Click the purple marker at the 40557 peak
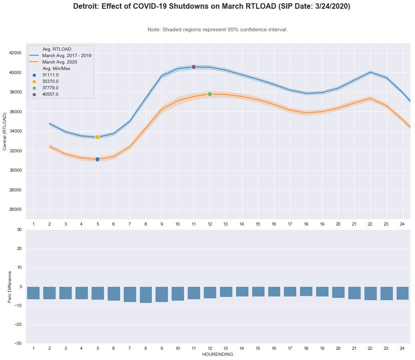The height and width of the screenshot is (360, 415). click(194, 67)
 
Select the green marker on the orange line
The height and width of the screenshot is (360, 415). click(210, 94)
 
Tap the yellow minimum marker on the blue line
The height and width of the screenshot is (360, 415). click(98, 137)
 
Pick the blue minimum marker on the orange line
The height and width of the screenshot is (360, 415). click(98, 159)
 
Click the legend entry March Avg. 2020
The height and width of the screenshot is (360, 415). click(59, 62)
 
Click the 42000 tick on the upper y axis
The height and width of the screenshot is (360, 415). click(15, 53)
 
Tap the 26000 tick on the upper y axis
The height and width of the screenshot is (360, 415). click(15, 209)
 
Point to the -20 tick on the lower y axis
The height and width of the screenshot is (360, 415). click(17, 325)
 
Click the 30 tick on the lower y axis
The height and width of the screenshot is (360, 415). click(19, 229)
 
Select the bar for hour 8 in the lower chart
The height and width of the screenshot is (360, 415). click(146, 295)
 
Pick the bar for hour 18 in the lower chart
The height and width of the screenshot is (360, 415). click(306, 291)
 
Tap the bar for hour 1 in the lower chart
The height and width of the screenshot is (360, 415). click(33, 293)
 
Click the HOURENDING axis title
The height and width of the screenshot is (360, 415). click(218, 354)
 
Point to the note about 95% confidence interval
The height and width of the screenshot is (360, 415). click(218, 29)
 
